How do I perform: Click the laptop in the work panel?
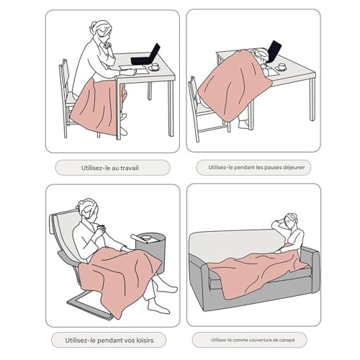pyautogui.click(x=146, y=55)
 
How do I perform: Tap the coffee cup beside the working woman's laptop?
pyautogui.click(x=155, y=66)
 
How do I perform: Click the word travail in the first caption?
pyautogui.click(x=130, y=168)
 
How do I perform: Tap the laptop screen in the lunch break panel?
pyautogui.click(x=274, y=51)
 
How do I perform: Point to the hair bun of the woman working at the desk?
pyautogui.click(x=94, y=25)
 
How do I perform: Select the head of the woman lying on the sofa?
pyautogui.click(x=290, y=220)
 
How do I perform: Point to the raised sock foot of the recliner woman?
pyautogui.click(x=167, y=287)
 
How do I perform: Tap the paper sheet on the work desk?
pyautogui.click(x=132, y=69)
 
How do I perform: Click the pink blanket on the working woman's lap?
pyautogui.click(x=99, y=106)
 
